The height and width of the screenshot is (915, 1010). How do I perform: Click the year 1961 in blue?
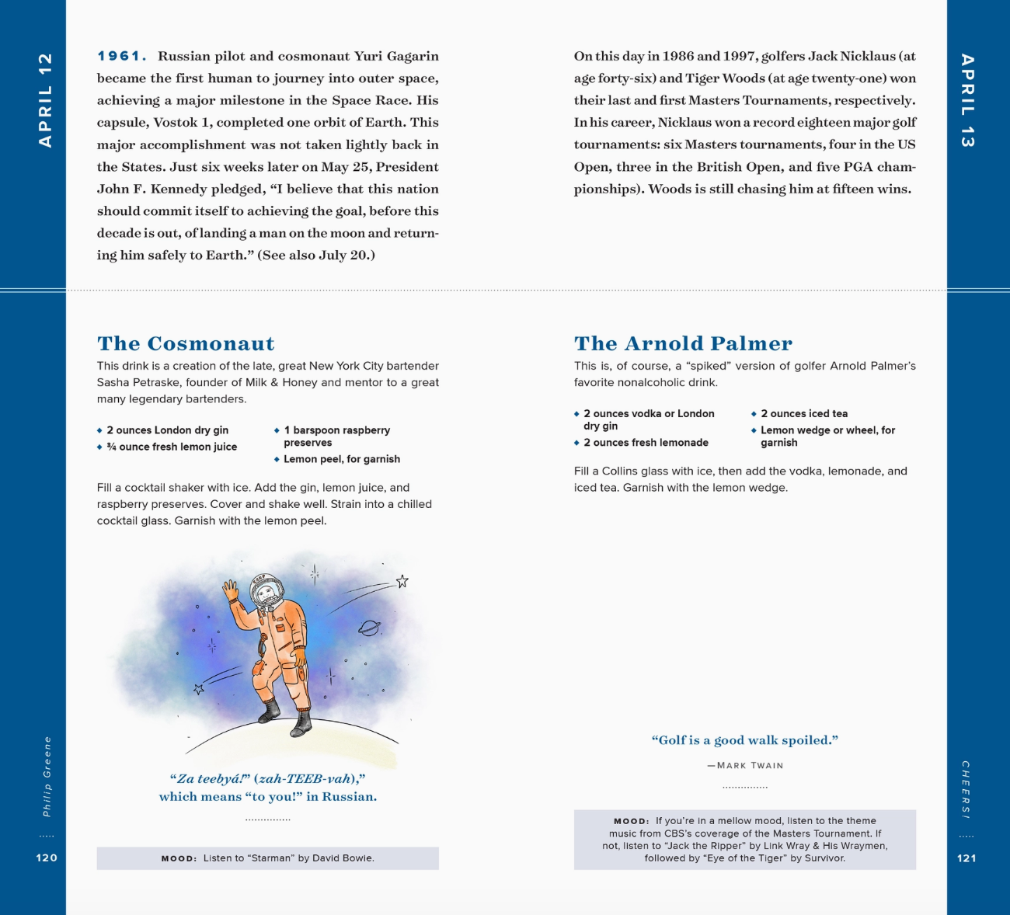pos(120,56)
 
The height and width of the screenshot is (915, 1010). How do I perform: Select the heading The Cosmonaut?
pos(186,343)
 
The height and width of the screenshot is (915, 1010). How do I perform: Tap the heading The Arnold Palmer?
pos(683,343)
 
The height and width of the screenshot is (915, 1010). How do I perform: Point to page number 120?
pos(47,858)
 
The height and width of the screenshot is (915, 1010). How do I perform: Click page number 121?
pos(966,858)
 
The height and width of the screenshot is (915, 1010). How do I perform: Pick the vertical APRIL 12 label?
pos(46,100)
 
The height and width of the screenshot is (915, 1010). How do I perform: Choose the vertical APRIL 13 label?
pos(966,100)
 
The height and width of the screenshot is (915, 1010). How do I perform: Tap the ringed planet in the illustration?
pos(369,628)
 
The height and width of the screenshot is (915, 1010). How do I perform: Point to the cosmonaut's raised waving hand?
pos(230,591)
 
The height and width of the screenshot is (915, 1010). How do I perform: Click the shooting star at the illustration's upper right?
pos(402,582)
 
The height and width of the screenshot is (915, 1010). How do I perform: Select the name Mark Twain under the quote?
pos(750,766)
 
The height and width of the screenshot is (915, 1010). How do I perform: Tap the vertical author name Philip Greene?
pos(47,777)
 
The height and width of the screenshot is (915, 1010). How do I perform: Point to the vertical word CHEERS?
pos(966,789)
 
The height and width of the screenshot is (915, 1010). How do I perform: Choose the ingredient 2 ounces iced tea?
pos(804,414)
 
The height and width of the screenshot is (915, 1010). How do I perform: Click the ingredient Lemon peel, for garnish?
pos(342,459)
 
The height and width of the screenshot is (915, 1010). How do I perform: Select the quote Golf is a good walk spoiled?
pos(744,740)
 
